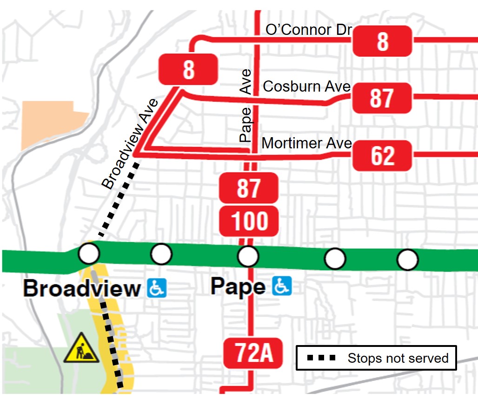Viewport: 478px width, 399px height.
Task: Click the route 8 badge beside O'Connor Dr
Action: click(x=382, y=41)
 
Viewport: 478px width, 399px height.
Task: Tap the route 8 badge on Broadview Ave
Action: click(x=188, y=69)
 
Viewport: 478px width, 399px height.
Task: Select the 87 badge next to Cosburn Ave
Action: click(x=382, y=98)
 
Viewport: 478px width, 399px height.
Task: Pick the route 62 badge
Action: click(x=382, y=155)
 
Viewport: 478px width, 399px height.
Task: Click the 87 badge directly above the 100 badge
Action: click(x=249, y=188)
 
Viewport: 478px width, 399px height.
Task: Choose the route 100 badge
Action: click(x=249, y=221)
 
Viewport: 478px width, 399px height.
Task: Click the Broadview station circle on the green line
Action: click(x=89, y=253)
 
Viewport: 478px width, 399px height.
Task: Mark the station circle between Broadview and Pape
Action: click(x=162, y=254)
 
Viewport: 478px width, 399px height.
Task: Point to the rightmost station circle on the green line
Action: click(x=407, y=259)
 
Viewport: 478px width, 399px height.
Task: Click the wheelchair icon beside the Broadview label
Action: click(x=157, y=288)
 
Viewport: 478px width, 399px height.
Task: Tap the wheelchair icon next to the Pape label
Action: click(x=282, y=286)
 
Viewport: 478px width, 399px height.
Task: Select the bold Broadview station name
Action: click(x=82, y=288)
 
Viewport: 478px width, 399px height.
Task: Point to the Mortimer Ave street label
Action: click(x=306, y=143)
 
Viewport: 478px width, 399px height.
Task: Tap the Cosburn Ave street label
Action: click(x=306, y=86)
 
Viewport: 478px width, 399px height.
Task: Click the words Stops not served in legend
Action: click(x=398, y=358)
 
